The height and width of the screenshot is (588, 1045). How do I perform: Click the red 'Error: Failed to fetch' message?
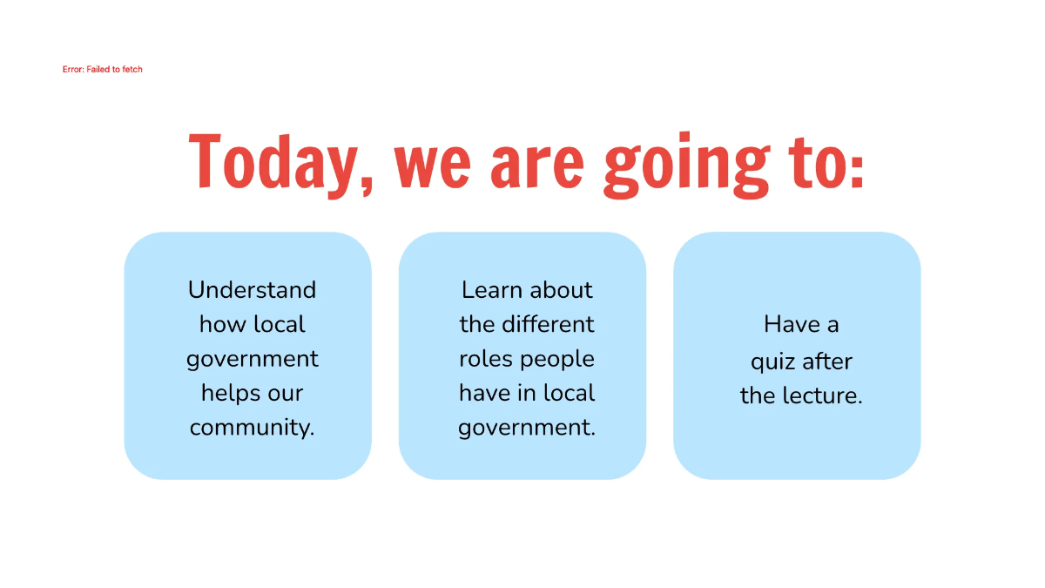(102, 69)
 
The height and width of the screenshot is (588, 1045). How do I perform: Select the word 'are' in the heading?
(536, 163)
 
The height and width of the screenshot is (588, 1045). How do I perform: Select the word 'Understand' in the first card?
(252, 290)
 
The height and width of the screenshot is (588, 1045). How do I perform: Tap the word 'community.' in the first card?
(252, 428)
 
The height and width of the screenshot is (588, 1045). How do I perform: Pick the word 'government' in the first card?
(252, 360)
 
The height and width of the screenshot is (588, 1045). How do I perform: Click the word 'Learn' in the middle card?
(491, 290)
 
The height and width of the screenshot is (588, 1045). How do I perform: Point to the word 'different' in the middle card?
(548, 324)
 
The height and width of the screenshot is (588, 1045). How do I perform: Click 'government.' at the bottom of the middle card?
(527, 428)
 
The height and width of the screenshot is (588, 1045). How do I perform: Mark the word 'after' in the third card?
(827, 361)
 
